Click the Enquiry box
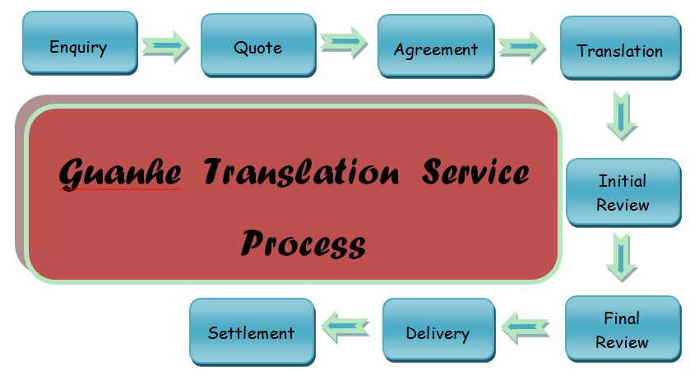tap(80, 43)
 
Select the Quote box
tap(258, 45)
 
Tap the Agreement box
tap(436, 47)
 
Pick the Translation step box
tap(620, 49)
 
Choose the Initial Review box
tap(623, 193)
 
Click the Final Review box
tap(623, 329)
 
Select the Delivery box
tap(439, 331)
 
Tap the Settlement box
tap(252, 332)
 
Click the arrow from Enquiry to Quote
tap(165, 46)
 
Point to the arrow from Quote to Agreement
tap(344, 42)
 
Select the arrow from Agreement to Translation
tap(522, 47)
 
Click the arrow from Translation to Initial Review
tap(622, 116)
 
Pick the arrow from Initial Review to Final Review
tap(622, 258)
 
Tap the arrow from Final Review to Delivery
tap(526, 327)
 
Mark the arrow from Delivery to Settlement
tap(345, 327)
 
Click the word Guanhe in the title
tap(120, 173)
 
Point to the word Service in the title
tap(475, 171)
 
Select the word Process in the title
tap(303, 244)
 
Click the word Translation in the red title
tap(302, 171)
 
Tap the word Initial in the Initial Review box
tap(623, 181)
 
